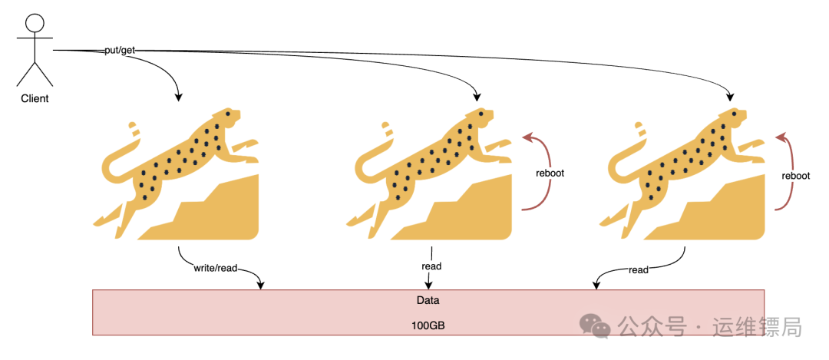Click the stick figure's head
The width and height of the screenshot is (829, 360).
click(x=35, y=23)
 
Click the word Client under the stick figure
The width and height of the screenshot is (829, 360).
click(x=35, y=98)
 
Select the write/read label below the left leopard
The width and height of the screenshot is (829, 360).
click(x=216, y=269)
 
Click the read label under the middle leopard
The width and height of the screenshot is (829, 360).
click(x=431, y=266)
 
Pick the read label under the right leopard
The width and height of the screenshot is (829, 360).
click(x=639, y=270)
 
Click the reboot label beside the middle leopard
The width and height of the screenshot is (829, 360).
click(x=550, y=173)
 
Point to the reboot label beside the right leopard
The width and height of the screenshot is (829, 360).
click(x=796, y=176)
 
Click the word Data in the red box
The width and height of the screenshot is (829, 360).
click(x=428, y=301)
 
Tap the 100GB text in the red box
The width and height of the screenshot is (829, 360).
click(x=428, y=326)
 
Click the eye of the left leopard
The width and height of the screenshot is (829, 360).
click(x=228, y=114)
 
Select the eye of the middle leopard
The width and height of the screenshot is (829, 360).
click(x=481, y=114)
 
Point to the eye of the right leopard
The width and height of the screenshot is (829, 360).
click(x=734, y=114)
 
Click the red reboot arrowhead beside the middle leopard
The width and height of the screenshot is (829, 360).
click(x=527, y=137)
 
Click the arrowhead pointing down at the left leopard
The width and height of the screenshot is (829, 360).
click(x=179, y=97)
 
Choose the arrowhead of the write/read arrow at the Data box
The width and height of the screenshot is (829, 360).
click(x=260, y=286)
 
